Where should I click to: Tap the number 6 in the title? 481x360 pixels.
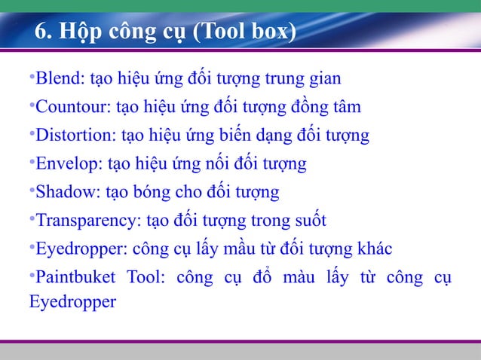coord(42,34)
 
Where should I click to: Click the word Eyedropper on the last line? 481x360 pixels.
coord(72,304)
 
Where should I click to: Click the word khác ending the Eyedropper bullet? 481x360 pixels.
coord(375,249)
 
